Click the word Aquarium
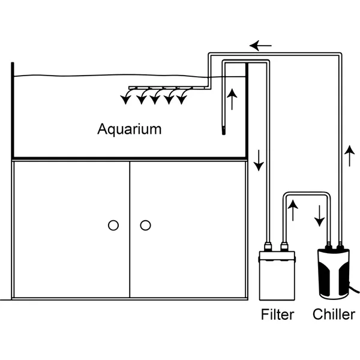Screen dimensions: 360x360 click(130, 128)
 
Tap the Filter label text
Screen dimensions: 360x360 click(278, 314)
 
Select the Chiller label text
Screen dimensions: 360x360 click(334, 314)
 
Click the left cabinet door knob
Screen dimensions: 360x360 click(113, 226)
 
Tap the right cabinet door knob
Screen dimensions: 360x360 click(145, 226)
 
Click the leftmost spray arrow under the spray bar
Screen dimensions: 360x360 click(126, 98)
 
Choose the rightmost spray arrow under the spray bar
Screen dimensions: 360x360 click(181, 98)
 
